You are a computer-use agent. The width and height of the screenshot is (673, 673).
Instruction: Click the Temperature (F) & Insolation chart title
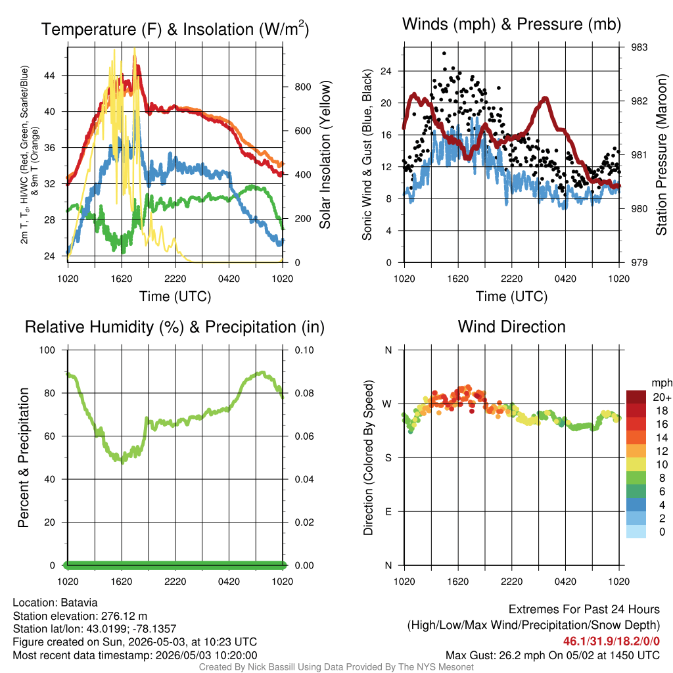coord(175,29)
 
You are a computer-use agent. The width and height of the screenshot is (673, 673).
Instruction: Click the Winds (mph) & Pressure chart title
coord(511,24)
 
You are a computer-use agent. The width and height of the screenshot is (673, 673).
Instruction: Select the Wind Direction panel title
coord(511,327)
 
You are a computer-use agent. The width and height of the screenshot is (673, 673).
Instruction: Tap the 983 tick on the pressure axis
coord(639,47)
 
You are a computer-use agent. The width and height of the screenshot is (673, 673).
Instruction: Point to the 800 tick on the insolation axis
coord(302,87)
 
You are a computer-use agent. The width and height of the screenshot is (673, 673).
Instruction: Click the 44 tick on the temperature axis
coord(50,76)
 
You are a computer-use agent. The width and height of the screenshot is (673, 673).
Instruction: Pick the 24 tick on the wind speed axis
coord(386,71)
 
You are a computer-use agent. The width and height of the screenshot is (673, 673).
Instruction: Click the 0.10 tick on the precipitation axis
coord(304,350)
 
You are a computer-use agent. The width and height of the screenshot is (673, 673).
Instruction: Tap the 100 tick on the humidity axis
coord(47,350)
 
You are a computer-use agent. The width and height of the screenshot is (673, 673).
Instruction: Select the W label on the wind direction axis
coord(387,404)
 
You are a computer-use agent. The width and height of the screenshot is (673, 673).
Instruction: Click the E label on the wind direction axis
coord(388,511)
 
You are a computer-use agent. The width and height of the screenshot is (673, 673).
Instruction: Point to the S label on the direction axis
coord(388,458)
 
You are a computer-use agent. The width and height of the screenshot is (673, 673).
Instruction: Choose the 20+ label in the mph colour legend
coord(662,398)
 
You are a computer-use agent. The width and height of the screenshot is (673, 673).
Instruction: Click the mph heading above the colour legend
coord(661,383)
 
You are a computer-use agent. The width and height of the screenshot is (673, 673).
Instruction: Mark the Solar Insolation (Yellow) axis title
coord(325,154)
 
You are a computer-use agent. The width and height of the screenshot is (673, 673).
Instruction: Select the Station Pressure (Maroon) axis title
coord(661,154)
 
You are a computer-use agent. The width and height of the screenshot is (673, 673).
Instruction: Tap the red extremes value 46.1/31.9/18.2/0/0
coord(611,641)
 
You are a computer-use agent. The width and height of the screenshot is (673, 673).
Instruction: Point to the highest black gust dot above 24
coord(444,53)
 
